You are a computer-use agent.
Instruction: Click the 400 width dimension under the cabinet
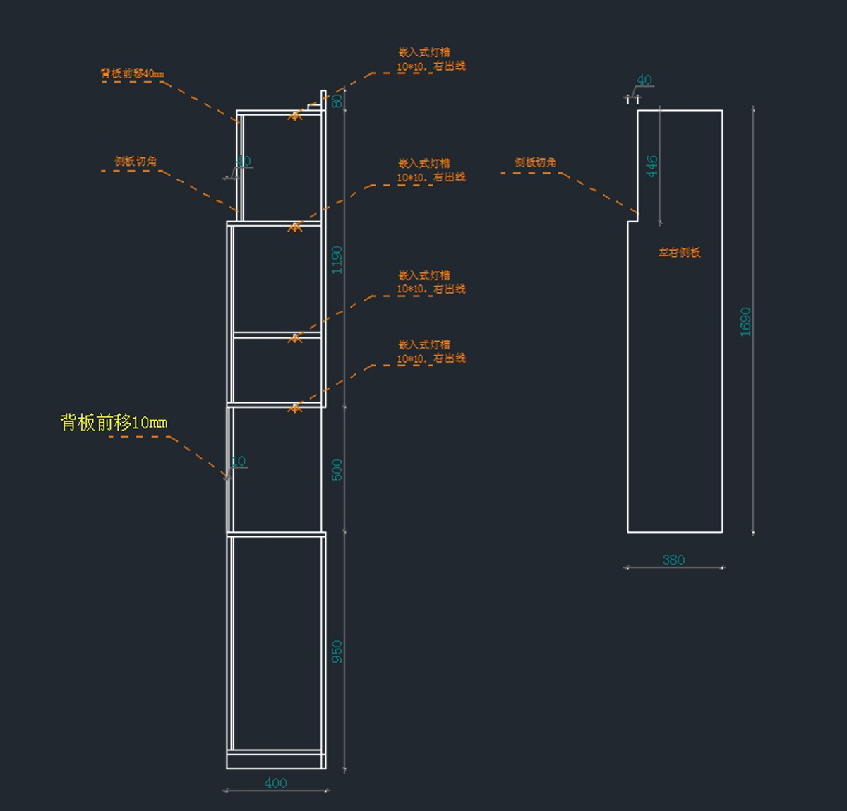click(x=275, y=782)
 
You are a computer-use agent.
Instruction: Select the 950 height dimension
click(x=337, y=651)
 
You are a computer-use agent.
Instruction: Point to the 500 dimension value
click(x=337, y=469)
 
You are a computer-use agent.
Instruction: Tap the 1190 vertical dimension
click(x=337, y=260)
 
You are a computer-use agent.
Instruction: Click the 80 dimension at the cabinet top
click(x=337, y=101)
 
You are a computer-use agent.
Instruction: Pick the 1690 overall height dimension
click(x=745, y=321)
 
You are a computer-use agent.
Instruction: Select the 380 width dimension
click(x=673, y=560)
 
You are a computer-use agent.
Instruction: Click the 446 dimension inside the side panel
click(x=652, y=167)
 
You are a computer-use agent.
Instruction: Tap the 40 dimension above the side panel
click(x=644, y=80)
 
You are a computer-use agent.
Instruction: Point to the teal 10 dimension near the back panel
click(x=239, y=461)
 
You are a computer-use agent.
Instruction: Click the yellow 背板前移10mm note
click(x=114, y=423)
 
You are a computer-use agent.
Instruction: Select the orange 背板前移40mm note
click(x=132, y=73)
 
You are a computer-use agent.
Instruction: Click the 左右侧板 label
click(x=679, y=252)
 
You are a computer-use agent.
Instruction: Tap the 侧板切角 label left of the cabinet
click(x=136, y=162)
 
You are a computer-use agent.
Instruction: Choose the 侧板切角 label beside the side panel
click(x=535, y=162)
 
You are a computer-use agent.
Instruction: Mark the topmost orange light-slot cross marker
click(x=296, y=115)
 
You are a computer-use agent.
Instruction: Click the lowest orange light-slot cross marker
click(x=296, y=407)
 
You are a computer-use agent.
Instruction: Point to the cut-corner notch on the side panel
click(x=633, y=217)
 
